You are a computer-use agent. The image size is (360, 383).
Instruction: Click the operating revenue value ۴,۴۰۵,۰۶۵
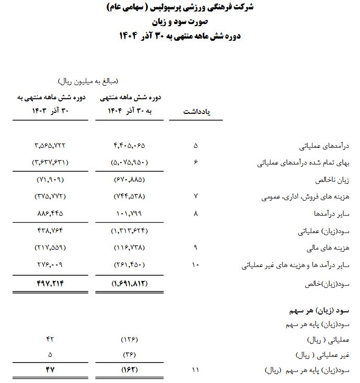[129, 145]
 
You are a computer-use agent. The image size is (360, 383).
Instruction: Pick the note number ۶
[195, 163]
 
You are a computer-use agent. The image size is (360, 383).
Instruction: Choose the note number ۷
[195, 197]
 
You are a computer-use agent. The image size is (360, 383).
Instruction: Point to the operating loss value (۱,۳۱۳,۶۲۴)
[129, 230]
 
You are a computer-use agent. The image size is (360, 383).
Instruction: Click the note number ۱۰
[195, 265]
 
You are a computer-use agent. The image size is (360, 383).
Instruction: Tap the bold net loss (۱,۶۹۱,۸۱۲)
[129, 284]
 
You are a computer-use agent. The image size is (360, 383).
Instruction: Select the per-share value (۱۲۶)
[129, 340]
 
